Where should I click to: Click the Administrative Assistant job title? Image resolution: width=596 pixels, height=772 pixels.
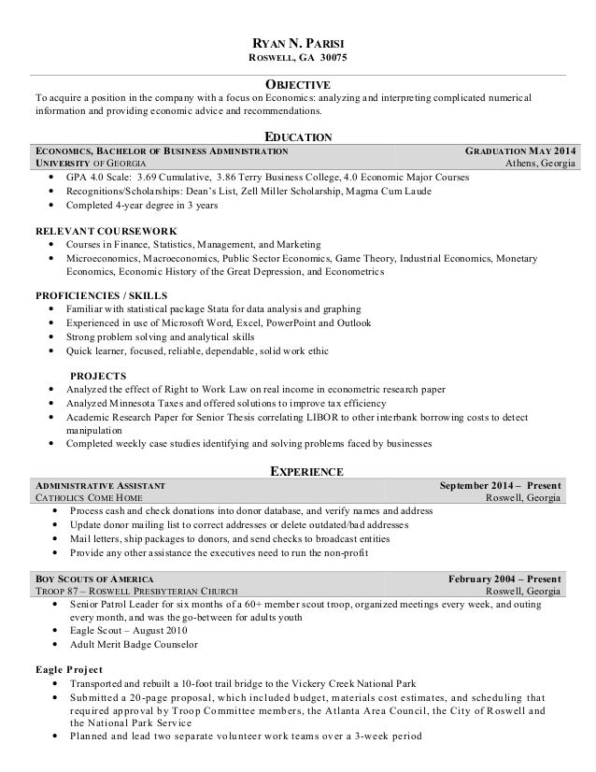100,486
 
